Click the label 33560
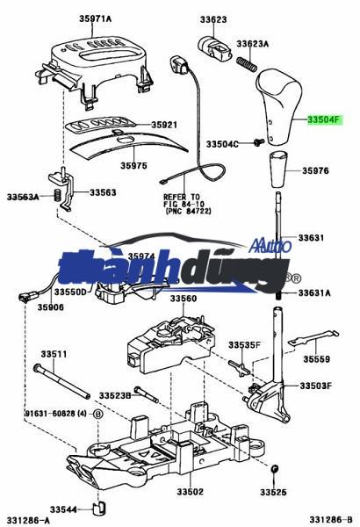click(x=184, y=299)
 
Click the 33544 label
click(x=63, y=509)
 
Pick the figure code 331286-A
click(x=26, y=521)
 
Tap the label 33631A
click(x=314, y=292)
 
